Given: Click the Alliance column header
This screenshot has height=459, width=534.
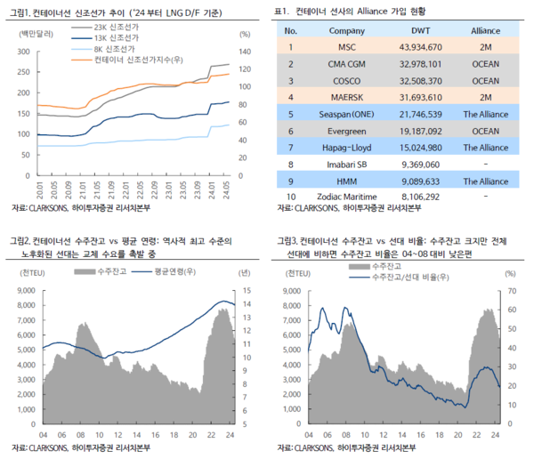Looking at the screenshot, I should click(x=484, y=30).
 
